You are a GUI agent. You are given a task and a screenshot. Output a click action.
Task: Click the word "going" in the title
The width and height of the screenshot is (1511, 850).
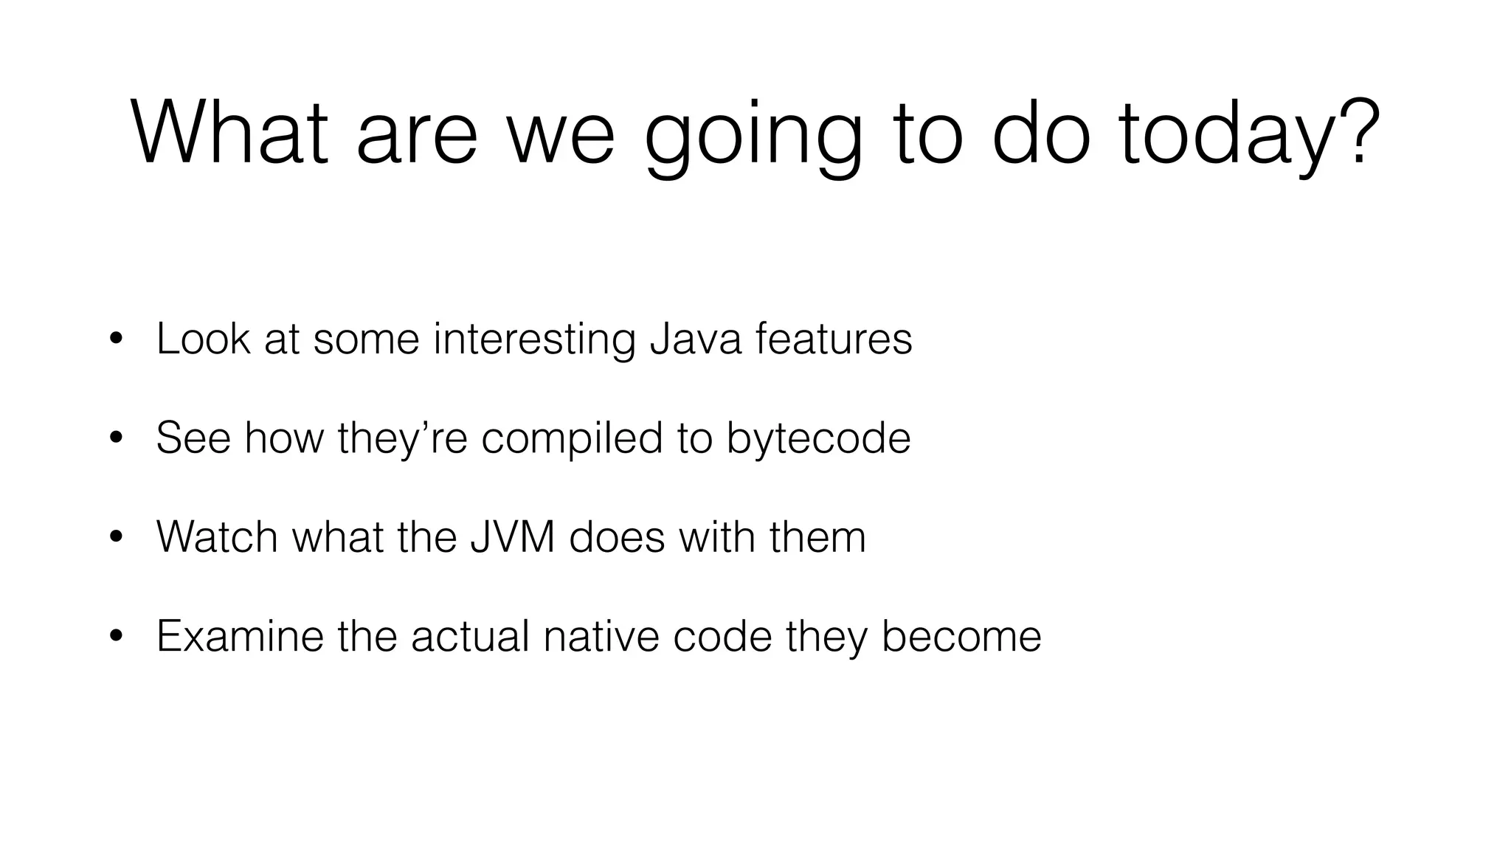pyautogui.click(x=753, y=137)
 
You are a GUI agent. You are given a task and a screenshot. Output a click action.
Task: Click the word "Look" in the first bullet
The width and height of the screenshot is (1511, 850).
pyautogui.click(x=203, y=339)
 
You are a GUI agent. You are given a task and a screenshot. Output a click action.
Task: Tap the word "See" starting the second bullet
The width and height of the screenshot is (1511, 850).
pyautogui.click(x=193, y=438)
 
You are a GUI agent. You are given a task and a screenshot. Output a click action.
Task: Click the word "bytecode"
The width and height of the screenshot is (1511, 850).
pyautogui.click(x=818, y=439)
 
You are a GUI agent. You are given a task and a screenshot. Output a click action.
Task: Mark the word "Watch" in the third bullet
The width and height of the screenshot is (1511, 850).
pyautogui.click(x=218, y=536)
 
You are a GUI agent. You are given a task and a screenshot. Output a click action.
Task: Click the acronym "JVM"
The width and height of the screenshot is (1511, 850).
pyautogui.click(x=513, y=536)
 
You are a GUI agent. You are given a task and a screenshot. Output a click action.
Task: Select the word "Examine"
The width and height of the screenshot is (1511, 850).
pyautogui.click(x=240, y=635)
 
